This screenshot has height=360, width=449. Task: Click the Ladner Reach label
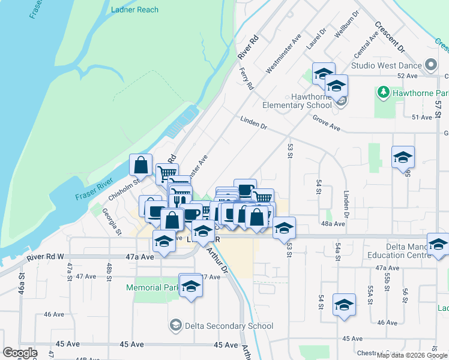134,10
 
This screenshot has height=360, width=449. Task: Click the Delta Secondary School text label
229,326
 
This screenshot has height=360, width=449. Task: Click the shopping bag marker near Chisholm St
140,166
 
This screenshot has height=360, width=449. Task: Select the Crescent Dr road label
390,37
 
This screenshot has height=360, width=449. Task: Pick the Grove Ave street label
326,124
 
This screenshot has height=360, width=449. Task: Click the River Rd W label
45,258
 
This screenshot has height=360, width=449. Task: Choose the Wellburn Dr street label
347,24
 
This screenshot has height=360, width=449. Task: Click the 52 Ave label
407,76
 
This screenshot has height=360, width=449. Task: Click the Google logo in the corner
20,353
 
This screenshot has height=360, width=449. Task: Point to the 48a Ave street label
333,224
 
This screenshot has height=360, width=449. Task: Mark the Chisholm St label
124,188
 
